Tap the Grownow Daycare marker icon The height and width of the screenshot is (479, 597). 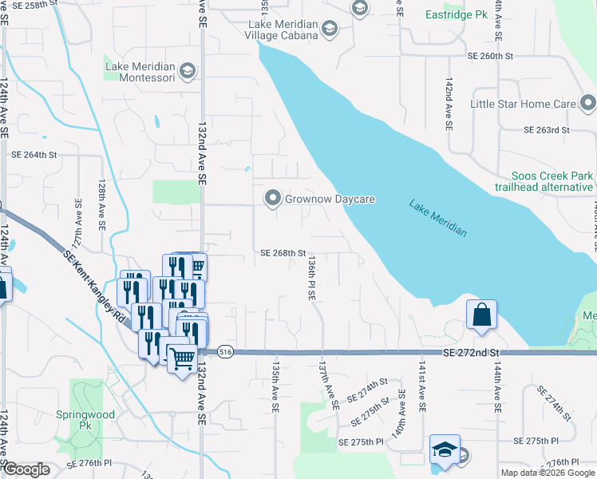(273, 197)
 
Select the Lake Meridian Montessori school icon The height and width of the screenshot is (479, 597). (187, 72)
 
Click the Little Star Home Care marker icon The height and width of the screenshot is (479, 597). (587, 104)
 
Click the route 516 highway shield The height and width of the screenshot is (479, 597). (224, 351)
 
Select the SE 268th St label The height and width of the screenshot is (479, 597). (283, 253)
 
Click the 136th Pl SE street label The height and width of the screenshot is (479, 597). (312, 278)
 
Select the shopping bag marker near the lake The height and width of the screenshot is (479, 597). (482, 315)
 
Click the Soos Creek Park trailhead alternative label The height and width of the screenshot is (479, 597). (553, 181)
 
